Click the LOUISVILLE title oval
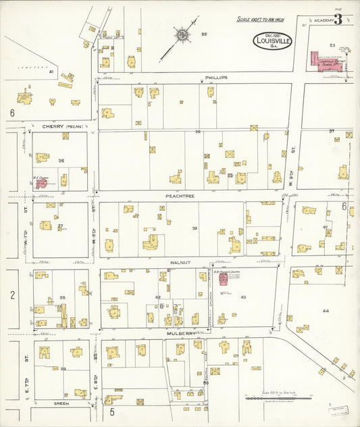(272, 41)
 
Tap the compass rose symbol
(182, 34)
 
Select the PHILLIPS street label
(217, 78)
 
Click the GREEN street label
(61, 403)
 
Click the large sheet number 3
(338, 20)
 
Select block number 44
(326, 311)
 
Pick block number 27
(60, 226)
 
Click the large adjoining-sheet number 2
(12, 295)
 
